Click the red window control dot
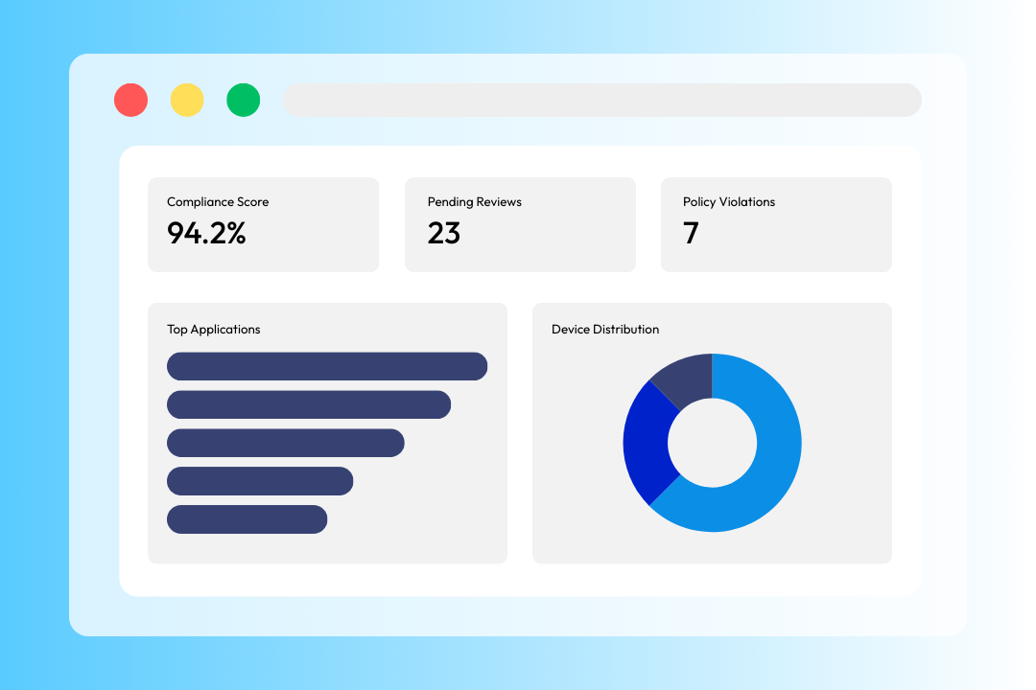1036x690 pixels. pos(130,101)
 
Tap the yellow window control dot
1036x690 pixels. pos(187,101)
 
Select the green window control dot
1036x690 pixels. pos(243,101)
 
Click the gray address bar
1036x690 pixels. pos(601,101)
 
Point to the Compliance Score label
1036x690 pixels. pos(218,202)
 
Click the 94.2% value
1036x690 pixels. pos(206,233)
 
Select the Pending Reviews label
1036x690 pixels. pos(474,202)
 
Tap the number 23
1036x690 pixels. pos(444,233)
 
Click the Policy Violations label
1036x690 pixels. pos(729,202)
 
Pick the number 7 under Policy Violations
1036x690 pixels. pos(691,233)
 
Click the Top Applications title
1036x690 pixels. pos(214,330)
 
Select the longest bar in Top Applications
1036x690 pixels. pos(327,366)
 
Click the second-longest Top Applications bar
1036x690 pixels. pos(309,404)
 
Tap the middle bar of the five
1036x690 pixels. pos(285,443)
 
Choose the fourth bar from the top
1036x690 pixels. pos(260,481)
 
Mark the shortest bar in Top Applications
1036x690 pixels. pos(247,519)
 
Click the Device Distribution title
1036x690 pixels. pos(605,330)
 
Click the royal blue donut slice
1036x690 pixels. pos(646,446)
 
